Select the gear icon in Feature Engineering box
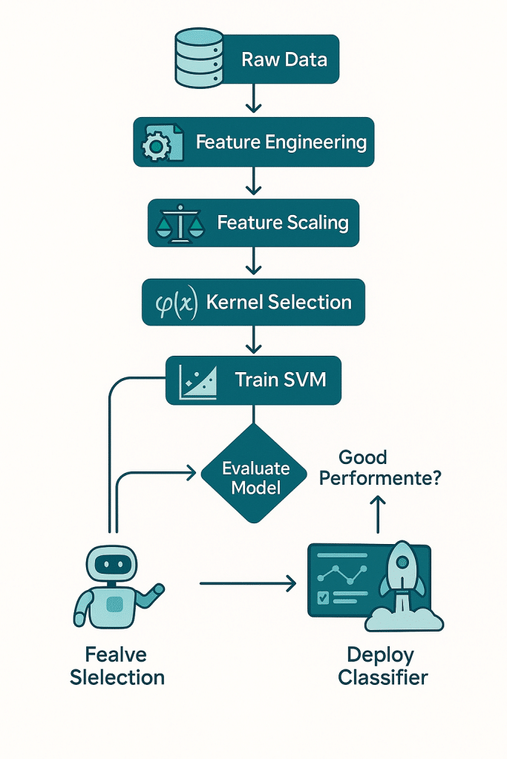pyautogui.click(x=156, y=145)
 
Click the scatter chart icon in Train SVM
pyautogui.click(x=197, y=381)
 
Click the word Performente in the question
pyautogui.click(x=380, y=478)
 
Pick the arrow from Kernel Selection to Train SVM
pyautogui.click(x=254, y=339)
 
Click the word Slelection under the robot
pyautogui.click(x=117, y=677)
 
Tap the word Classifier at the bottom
pyautogui.click(x=382, y=677)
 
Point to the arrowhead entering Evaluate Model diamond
pyautogui.click(x=194, y=471)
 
